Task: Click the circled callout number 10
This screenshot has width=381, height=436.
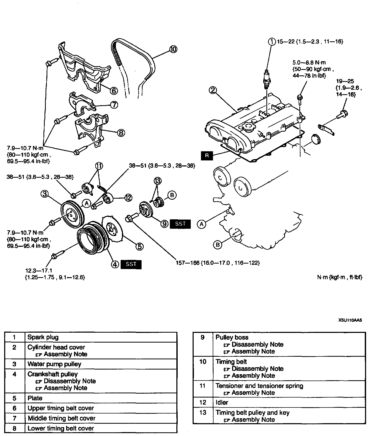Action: coord(173,49)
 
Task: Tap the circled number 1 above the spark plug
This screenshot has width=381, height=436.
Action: coord(272,41)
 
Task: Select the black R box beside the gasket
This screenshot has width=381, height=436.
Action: coord(207,155)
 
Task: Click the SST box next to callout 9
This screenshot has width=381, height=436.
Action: coord(180,224)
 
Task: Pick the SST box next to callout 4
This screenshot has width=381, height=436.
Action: coord(131,264)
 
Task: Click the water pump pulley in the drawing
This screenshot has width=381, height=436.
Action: coord(72,214)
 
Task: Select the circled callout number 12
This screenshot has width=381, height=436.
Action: coord(128,198)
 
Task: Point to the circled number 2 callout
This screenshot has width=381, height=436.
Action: coord(213,90)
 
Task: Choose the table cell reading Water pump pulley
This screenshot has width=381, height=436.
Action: coord(54,364)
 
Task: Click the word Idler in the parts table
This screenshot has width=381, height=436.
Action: coord(222,403)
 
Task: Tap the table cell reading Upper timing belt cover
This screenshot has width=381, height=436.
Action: coord(60,408)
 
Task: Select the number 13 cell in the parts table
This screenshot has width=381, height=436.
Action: coord(203,413)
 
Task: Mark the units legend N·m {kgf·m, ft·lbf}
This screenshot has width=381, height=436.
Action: coord(340,277)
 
